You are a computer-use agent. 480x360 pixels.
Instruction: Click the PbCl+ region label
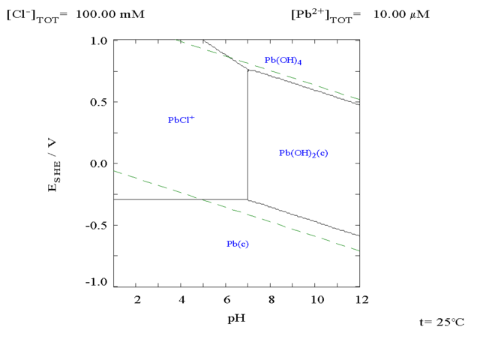point(181,119)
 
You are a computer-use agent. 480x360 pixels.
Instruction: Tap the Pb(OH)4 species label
point(283,60)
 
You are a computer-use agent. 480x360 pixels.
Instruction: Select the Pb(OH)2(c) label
point(304,153)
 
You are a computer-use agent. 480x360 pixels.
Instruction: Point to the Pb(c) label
point(238,244)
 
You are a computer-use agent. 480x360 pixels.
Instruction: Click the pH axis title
point(237,318)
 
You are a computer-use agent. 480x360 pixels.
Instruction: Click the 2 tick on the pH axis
point(137,300)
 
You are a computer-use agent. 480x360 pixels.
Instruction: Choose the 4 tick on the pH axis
point(182,300)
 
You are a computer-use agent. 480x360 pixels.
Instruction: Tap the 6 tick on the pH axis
point(227,300)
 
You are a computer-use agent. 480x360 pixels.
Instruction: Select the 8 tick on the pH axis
point(272,300)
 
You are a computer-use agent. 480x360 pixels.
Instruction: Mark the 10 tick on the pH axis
point(316,300)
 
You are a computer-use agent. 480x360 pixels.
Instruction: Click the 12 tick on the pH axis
point(361,300)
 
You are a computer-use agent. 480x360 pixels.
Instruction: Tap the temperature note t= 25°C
point(441,322)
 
